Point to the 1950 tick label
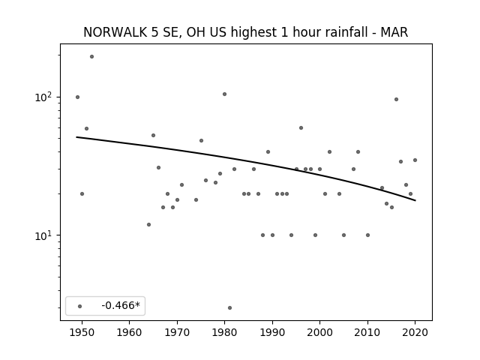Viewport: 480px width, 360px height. pyautogui.click(x=82, y=332)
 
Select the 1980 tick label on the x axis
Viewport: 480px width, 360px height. pyautogui.click(x=224, y=332)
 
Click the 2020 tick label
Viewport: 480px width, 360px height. pyautogui.click(x=415, y=332)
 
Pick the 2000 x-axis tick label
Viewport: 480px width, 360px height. pyautogui.click(x=319, y=332)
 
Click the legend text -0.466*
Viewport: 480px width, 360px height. pyautogui.click(x=121, y=305)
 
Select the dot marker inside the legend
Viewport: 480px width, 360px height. pyautogui.click(x=80, y=306)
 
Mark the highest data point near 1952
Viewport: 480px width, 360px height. pyautogui.click(x=91, y=57)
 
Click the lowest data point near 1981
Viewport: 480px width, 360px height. pyautogui.click(x=229, y=307)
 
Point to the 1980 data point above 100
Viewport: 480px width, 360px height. pyautogui.click(x=224, y=94)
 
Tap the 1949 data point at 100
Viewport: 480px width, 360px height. pyautogui.click(x=77, y=97)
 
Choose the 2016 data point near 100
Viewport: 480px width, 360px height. pyautogui.click(x=396, y=99)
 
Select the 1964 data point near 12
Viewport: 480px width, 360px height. pyautogui.click(x=148, y=224)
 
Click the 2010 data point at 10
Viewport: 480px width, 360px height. pyautogui.click(x=367, y=235)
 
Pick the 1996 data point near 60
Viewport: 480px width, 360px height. pyautogui.click(x=301, y=127)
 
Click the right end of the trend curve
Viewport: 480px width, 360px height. pyautogui.click(x=415, y=200)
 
